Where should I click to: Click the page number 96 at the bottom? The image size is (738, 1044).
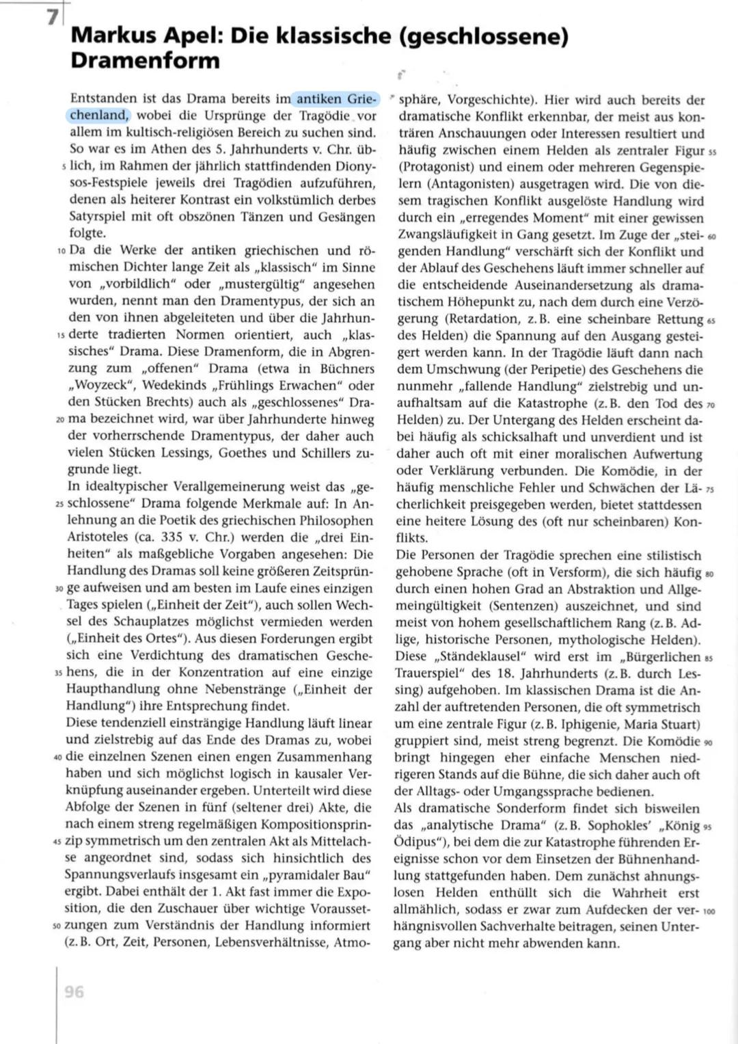[74, 991]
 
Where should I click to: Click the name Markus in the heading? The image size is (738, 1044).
[115, 36]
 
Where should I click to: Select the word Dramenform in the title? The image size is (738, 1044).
[145, 60]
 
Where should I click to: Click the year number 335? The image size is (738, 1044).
[172, 537]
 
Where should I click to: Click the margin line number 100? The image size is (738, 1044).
[709, 911]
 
